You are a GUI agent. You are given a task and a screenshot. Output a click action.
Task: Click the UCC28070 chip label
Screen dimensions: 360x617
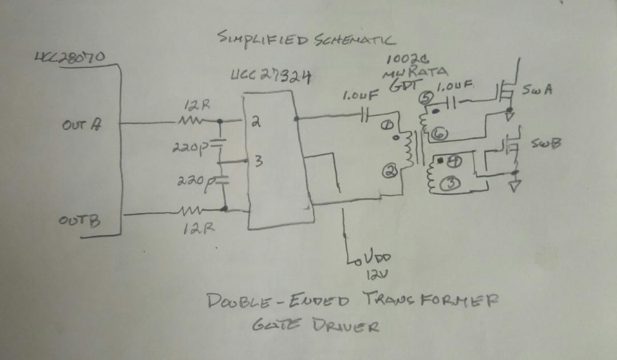pos(69,57)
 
